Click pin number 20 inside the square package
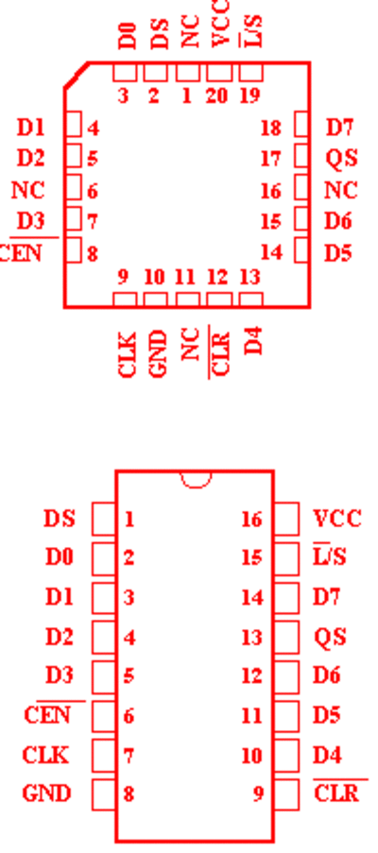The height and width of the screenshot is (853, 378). pyautogui.click(x=217, y=96)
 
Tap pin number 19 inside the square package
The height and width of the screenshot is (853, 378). pyautogui.click(x=250, y=96)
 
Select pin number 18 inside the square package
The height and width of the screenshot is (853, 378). pyautogui.click(x=271, y=128)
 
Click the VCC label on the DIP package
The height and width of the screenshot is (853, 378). pyautogui.click(x=337, y=519)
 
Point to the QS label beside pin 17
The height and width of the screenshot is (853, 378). pyautogui.click(x=341, y=159)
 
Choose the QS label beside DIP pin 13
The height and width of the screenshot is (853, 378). pyautogui.click(x=330, y=637)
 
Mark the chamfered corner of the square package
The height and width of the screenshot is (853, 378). pyautogui.click(x=77, y=75)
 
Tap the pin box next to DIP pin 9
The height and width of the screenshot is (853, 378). pyautogui.click(x=286, y=794)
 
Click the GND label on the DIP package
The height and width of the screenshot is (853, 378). pyautogui.click(x=46, y=793)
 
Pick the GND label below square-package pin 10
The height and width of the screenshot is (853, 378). pyautogui.click(x=157, y=354)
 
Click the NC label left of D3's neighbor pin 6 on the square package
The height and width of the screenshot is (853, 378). pyautogui.click(x=27, y=191)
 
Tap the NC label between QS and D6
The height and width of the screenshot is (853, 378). pyautogui.click(x=341, y=191)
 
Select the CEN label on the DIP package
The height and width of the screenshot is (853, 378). pyautogui.click(x=47, y=715)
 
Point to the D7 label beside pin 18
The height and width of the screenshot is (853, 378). pyautogui.click(x=339, y=128)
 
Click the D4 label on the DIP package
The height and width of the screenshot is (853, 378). pyautogui.click(x=327, y=755)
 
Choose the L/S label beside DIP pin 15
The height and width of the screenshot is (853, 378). pyautogui.click(x=330, y=557)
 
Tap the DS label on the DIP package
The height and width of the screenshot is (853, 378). pyautogui.click(x=60, y=519)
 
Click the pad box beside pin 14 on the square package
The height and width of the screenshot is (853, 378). pyautogui.click(x=301, y=250)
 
